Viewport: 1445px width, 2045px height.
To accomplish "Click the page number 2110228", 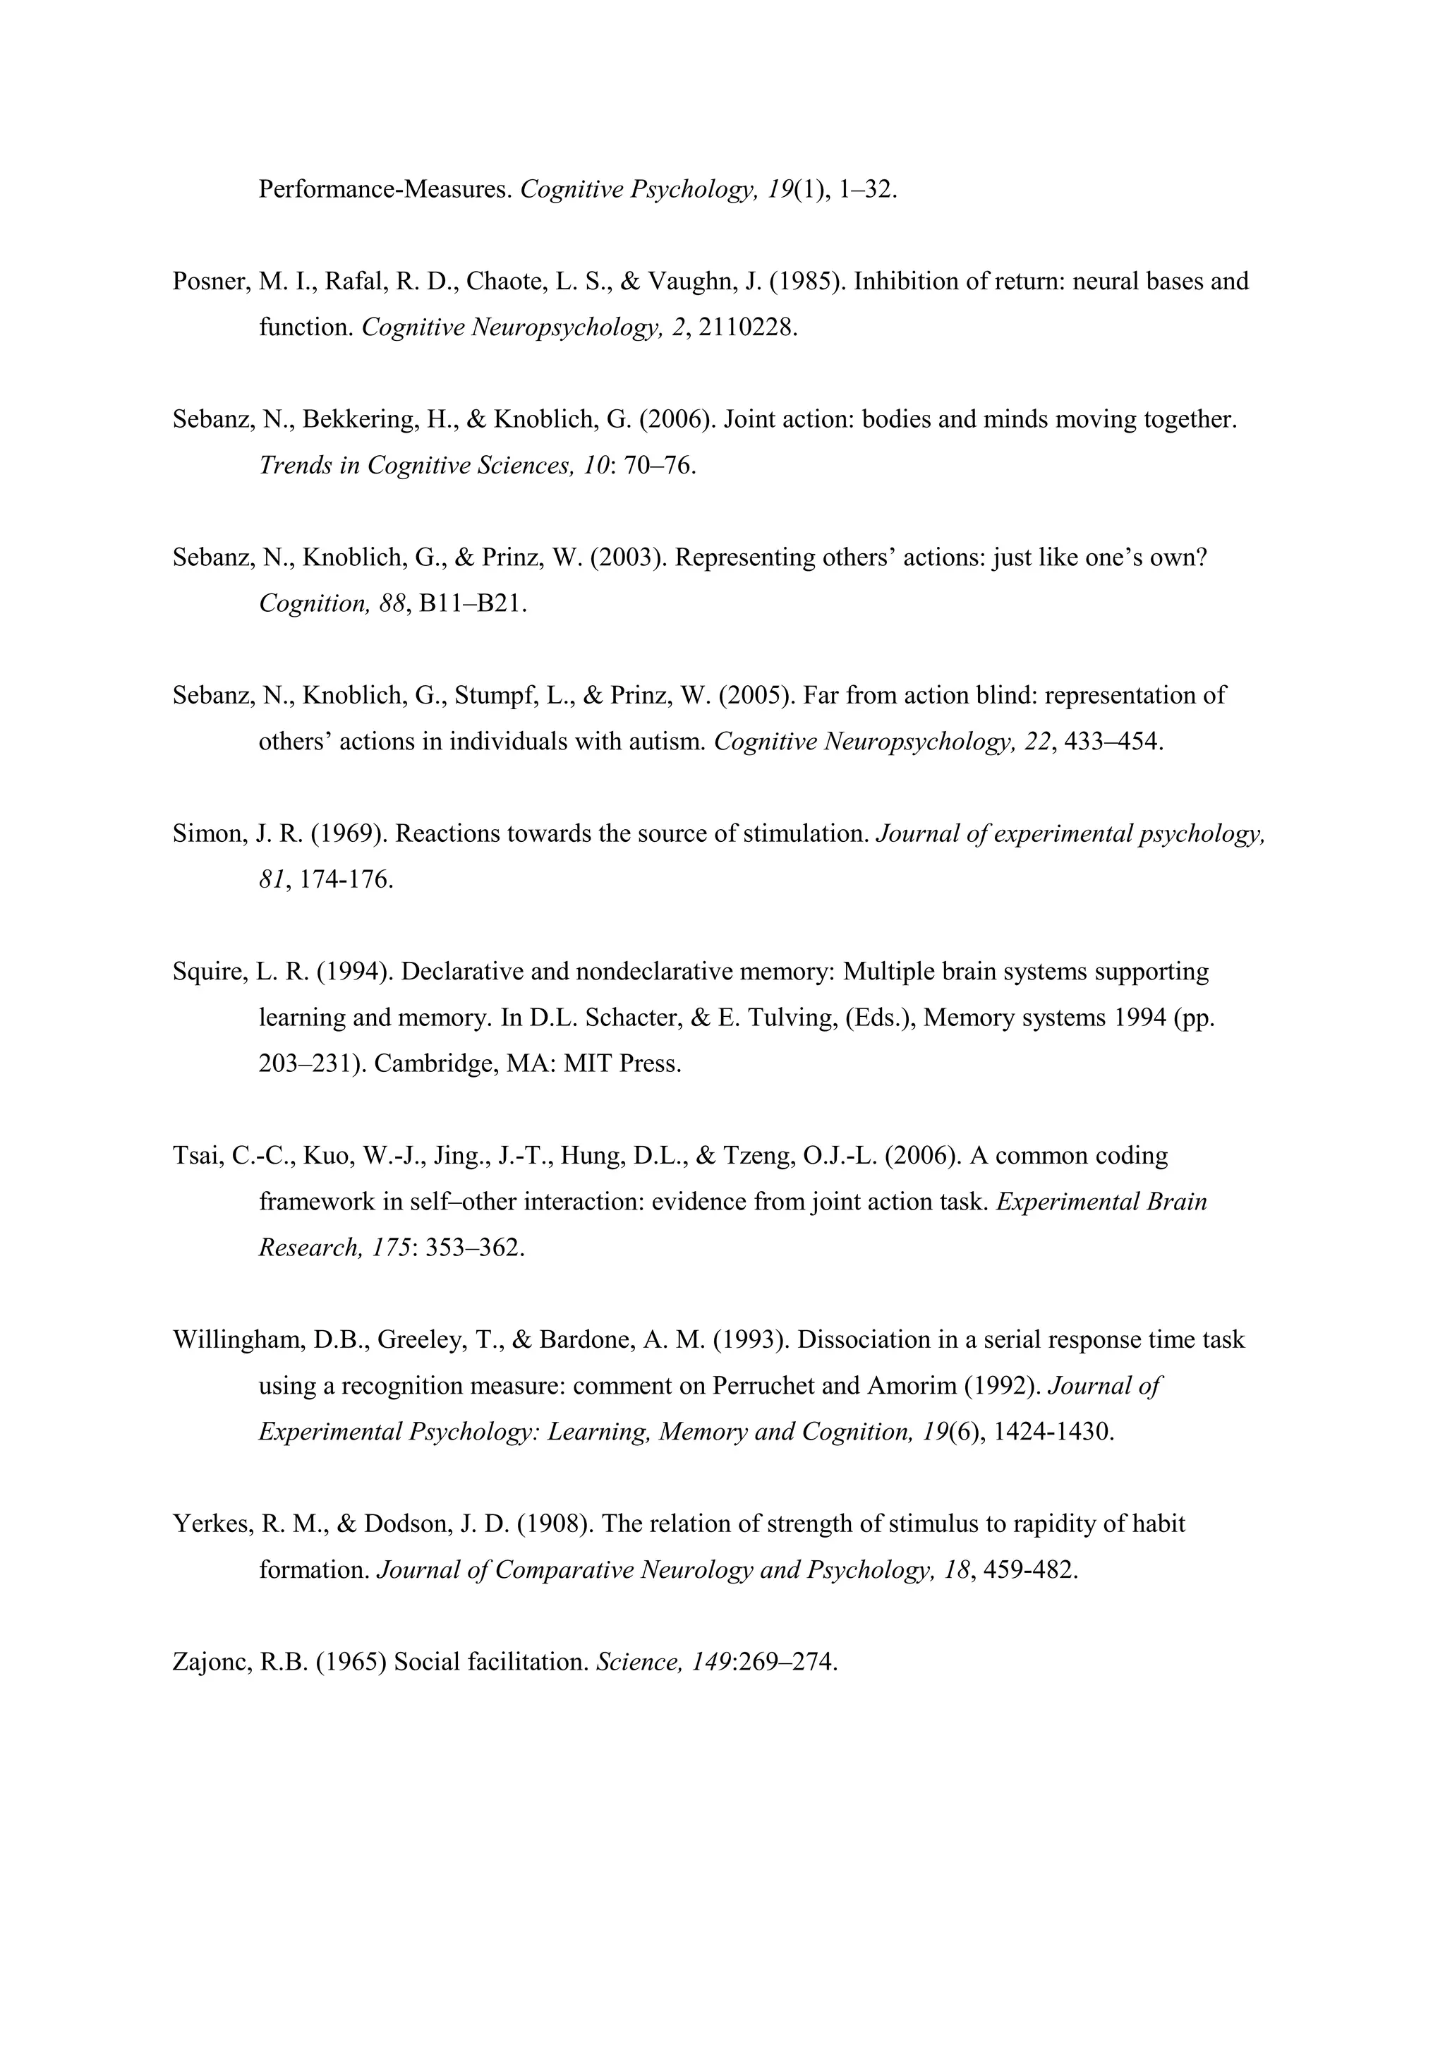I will click(748, 327).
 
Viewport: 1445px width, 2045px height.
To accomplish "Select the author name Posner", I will click(210, 282).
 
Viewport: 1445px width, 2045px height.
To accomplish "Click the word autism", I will click(667, 741).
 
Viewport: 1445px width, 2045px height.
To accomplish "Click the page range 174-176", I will click(346, 879).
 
